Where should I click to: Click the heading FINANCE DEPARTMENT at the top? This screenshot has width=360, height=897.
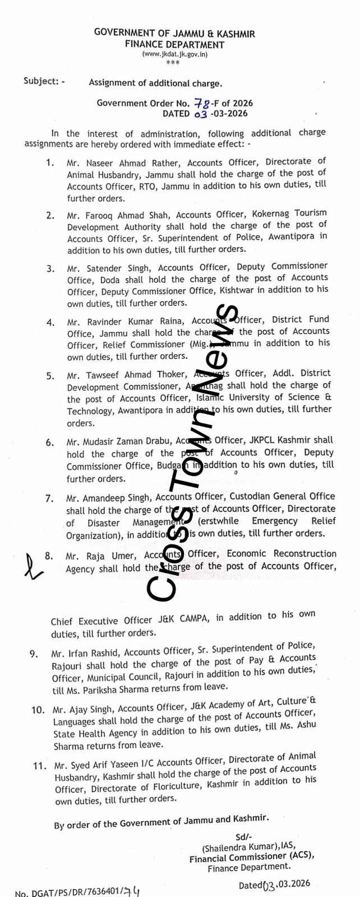174,44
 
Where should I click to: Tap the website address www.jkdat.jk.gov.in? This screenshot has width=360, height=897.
174,54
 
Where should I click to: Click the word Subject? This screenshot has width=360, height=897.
40,81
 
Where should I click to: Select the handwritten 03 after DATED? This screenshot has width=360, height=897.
200,114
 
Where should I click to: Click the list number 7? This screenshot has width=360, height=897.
49,498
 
